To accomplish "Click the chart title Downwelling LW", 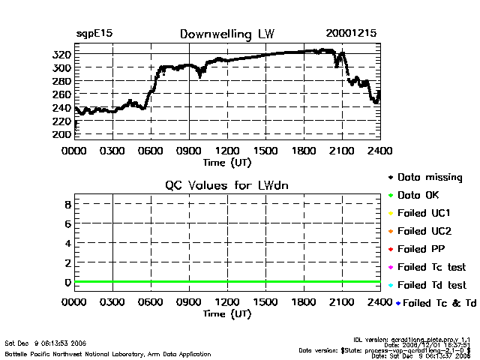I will tap(226, 34).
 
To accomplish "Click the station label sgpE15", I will tap(92, 34).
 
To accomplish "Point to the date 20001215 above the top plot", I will tap(352, 34).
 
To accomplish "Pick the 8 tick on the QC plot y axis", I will tap(67, 204).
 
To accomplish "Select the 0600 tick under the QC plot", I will tap(150, 302).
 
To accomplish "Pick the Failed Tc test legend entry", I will tap(430, 267).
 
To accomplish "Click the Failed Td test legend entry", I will tap(430, 285).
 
